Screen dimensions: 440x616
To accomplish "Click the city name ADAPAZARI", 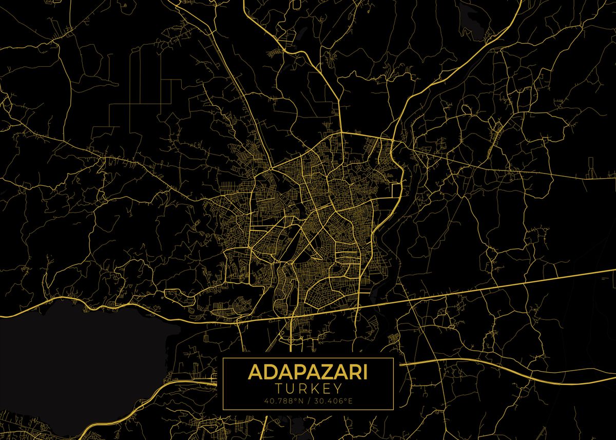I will tap(308, 371).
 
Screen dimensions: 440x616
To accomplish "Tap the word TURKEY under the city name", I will tap(308, 389).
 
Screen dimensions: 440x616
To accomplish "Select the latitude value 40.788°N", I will tap(283, 400).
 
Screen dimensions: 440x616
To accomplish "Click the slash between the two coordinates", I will tap(308, 400).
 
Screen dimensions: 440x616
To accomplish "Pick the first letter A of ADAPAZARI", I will tap(255, 371).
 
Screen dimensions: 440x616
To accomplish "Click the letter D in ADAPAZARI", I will tap(268, 371).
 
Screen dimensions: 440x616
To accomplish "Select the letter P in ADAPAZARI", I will tap(296, 371).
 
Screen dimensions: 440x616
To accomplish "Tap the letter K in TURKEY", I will tap(313, 389).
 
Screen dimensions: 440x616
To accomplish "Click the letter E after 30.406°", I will tap(350, 400).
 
